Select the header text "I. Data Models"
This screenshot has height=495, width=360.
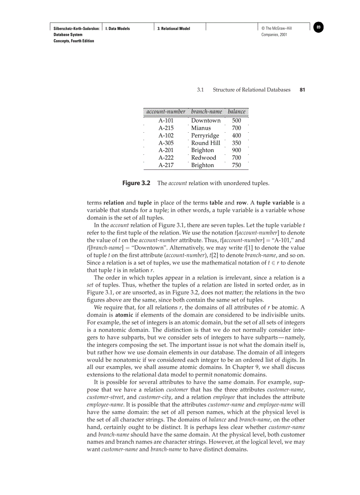(117, 29)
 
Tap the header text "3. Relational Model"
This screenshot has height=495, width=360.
(174, 29)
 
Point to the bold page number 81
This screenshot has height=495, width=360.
(302, 90)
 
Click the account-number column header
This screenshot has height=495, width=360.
(165, 112)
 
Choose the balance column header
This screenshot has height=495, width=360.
(236, 112)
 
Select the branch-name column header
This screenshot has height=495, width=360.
(206, 112)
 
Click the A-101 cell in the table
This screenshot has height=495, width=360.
(166, 121)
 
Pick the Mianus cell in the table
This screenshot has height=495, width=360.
(201, 128)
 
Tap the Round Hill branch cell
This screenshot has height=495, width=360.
(206, 143)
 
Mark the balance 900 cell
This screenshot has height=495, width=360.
(236, 150)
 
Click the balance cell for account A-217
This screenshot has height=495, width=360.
(236, 165)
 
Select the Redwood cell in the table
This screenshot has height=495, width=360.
(203, 158)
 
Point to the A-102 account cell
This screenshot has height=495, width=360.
(166, 136)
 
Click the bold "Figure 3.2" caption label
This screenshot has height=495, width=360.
(136, 183)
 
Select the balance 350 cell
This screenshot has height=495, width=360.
(236, 143)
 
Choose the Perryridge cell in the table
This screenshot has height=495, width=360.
(205, 136)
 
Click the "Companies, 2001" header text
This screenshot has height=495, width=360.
(274, 35)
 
